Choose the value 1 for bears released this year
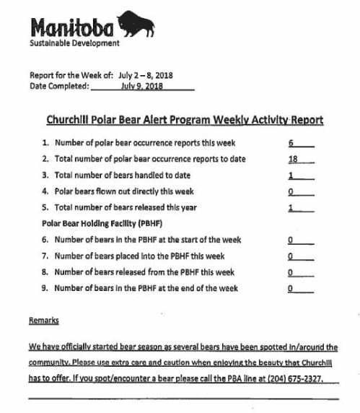click(x=290, y=208)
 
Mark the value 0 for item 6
click(x=289, y=240)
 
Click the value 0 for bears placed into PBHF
click(x=289, y=256)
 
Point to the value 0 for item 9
click(x=289, y=288)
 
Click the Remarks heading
click(x=43, y=319)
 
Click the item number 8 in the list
click(x=45, y=272)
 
